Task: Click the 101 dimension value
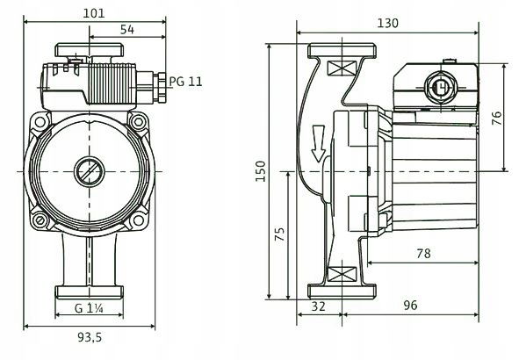(94, 13)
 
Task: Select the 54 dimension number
(127, 30)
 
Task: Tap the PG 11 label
(185, 82)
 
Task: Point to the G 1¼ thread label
(89, 308)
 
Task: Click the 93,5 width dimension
(90, 337)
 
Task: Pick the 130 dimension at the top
(387, 23)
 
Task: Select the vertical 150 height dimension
(261, 171)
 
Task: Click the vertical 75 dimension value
(280, 234)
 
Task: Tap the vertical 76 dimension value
(497, 119)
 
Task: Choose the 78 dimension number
(423, 254)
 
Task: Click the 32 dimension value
(319, 306)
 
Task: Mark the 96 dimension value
(410, 305)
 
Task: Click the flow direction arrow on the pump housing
(319, 143)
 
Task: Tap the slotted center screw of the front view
(90, 171)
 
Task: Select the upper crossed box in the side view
(342, 68)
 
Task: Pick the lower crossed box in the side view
(342, 274)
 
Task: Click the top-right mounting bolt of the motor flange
(139, 122)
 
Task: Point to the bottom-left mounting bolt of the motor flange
(40, 220)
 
